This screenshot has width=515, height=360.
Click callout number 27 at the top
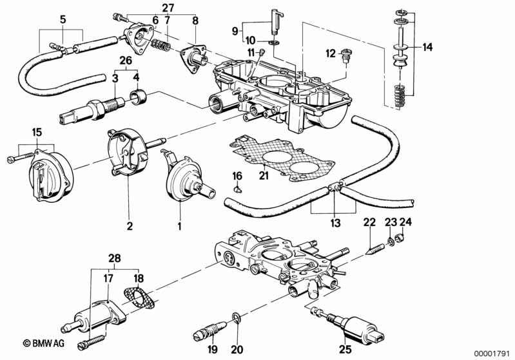click(x=168, y=8)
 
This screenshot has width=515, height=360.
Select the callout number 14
click(x=429, y=46)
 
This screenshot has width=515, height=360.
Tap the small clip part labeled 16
click(x=238, y=189)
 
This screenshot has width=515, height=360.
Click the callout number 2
click(x=130, y=226)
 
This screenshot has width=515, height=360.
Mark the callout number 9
click(x=236, y=31)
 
